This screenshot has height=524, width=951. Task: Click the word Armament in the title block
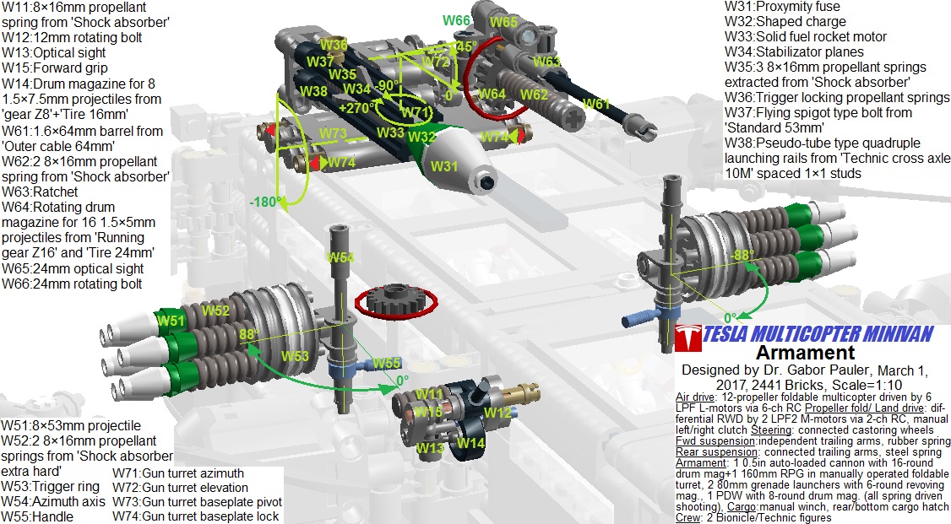pyautogui.click(x=806, y=353)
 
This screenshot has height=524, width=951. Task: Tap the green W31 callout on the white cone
pyautogui.click(x=444, y=165)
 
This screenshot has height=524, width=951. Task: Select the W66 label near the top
pyautogui.click(x=456, y=20)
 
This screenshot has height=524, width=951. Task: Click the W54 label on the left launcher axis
pyautogui.click(x=340, y=257)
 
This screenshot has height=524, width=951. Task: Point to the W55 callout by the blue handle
pyautogui.click(x=386, y=364)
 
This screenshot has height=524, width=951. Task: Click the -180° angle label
pyautogui.click(x=266, y=202)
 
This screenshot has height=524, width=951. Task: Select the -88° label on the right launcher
pyautogui.click(x=742, y=255)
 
